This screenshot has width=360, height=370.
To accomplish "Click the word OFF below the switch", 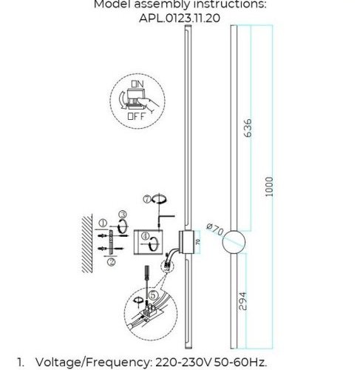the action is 136,116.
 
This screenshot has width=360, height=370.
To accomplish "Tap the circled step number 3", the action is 123,215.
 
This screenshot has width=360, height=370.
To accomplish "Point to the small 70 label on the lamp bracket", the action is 197,241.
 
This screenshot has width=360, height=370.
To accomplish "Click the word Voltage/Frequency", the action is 92,363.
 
